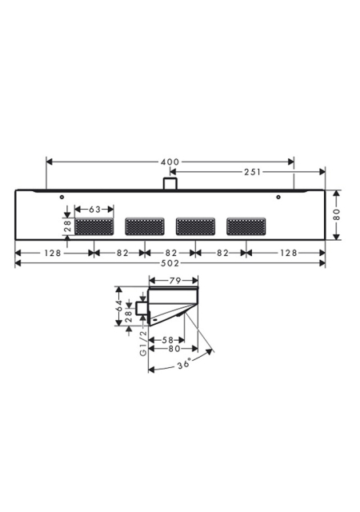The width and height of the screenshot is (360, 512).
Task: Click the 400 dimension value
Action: click(x=170, y=162)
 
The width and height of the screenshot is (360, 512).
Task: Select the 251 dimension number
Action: click(x=253, y=172)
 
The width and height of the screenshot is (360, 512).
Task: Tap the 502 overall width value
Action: click(x=170, y=263)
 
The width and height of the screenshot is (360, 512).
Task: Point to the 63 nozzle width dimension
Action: click(x=94, y=210)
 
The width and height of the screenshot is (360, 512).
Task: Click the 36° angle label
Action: click(x=184, y=364)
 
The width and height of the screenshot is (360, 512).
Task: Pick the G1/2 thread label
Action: click(x=143, y=343)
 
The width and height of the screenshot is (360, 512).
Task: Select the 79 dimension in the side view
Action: click(x=174, y=281)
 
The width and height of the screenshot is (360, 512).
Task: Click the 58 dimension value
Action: click(x=167, y=340)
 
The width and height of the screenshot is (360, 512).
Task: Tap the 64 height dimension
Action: click(x=119, y=305)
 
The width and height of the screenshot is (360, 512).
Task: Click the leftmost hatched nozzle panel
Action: click(x=94, y=226)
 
